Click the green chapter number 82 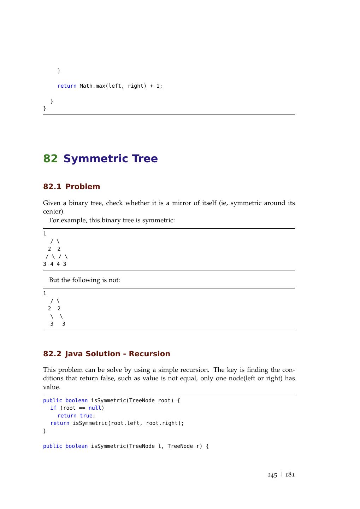tap(50, 159)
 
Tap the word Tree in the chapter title tap(145, 159)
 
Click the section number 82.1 tap(52, 187)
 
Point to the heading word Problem tap(83, 187)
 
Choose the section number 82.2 tap(52, 354)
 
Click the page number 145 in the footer tap(272, 475)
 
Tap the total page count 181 tap(290, 475)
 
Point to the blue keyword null tap(95, 408)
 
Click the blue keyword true tap(86, 416)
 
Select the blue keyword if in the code tap(53, 408)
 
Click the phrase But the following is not tap(84, 280)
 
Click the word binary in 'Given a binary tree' tap(78, 203)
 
